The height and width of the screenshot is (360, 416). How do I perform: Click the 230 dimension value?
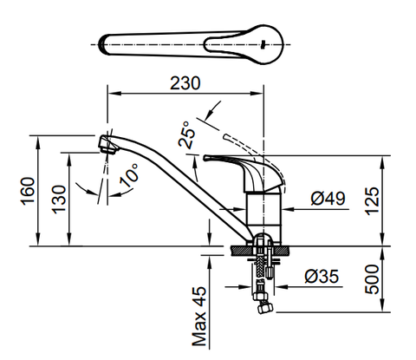[x=185, y=82]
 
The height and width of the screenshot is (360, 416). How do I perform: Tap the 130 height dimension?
[x=57, y=200]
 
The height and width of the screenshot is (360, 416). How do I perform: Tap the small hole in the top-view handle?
[x=264, y=42]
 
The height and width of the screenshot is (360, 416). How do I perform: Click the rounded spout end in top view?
[x=104, y=43]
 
